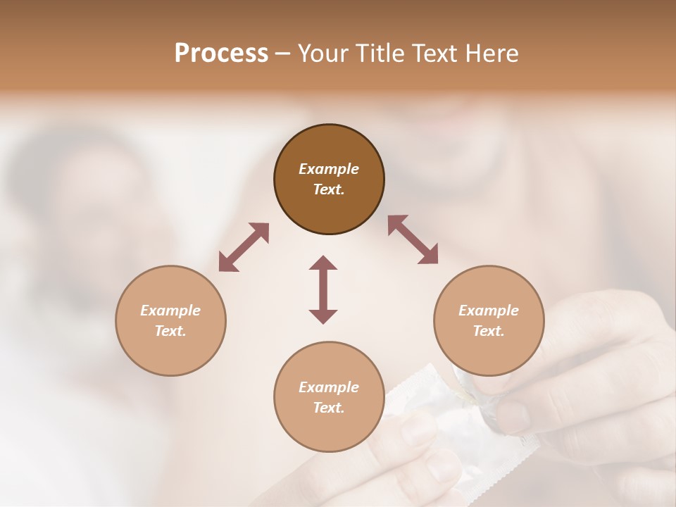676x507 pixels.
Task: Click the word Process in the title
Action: click(221, 54)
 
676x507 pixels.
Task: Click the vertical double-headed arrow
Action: click(323, 289)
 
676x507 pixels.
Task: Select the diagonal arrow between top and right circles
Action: click(413, 240)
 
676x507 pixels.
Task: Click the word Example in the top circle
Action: click(329, 169)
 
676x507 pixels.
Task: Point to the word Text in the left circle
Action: click(170, 331)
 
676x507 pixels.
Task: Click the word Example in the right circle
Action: click(489, 311)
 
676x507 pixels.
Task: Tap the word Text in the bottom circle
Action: click(329, 408)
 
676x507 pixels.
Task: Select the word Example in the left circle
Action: click(170, 311)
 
